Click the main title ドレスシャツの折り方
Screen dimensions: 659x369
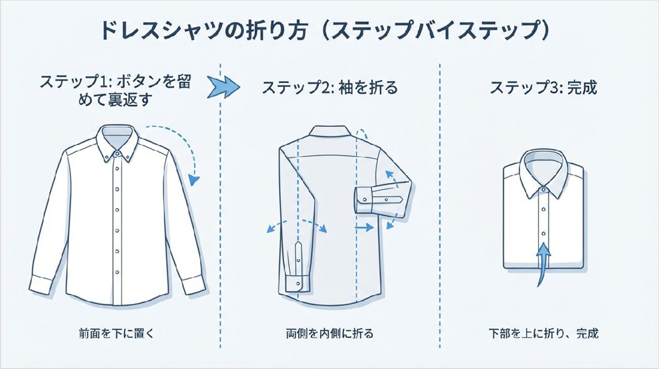[203, 31]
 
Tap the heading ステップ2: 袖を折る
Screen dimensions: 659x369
[329, 88]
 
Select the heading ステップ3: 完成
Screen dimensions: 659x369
[543, 88]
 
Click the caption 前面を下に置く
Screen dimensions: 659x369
[116, 334]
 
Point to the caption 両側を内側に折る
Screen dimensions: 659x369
[329, 334]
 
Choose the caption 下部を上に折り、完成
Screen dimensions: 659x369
[543, 334]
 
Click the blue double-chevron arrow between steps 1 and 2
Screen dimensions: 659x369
[223, 86]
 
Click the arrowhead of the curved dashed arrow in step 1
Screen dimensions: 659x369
[193, 180]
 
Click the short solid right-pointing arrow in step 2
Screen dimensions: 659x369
[364, 227]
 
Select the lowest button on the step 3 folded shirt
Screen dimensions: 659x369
[543, 233]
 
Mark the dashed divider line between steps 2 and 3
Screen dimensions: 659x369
[440, 205]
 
